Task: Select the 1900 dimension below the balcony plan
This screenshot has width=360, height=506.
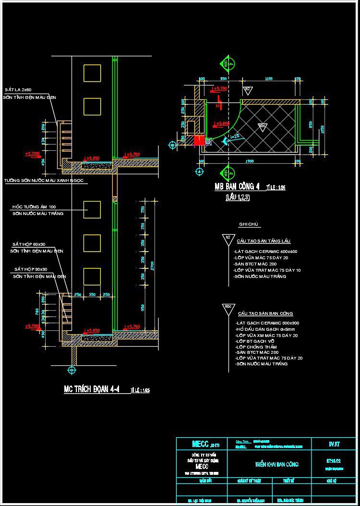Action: pyautogui.click(x=249, y=162)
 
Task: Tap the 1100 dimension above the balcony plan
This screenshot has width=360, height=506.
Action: pyautogui.click(x=268, y=78)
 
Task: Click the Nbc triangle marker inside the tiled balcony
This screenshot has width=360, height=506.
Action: pyautogui.click(x=262, y=127)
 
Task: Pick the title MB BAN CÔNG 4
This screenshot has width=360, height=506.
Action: pyautogui.click(x=237, y=187)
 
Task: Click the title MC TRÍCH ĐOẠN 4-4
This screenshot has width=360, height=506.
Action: pyautogui.click(x=95, y=389)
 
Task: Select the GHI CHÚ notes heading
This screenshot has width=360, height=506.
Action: pyautogui.click(x=249, y=225)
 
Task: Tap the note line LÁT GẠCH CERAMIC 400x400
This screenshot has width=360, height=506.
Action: pyautogui.click(x=265, y=252)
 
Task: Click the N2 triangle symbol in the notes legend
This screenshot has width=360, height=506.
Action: pyautogui.click(x=227, y=238)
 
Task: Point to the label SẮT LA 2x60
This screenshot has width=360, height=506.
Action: pyautogui.click(x=18, y=90)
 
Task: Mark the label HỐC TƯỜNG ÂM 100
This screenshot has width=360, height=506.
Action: pyautogui.click(x=34, y=206)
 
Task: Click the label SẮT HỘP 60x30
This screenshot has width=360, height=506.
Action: pyautogui.click(x=28, y=244)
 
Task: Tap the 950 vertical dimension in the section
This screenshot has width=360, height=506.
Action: pyautogui.click(x=144, y=307)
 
